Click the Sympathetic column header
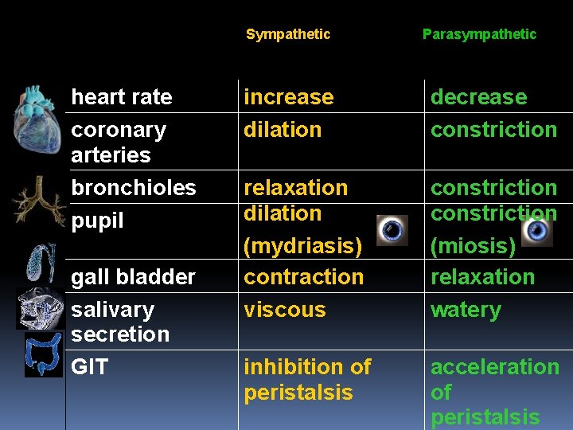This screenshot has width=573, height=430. pyautogui.click(x=287, y=34)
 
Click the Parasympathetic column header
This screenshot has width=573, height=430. pyautogui.click(x=479, y=34)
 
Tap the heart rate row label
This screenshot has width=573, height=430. pyautogui.click(x=122, y=97)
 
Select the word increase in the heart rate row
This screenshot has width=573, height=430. pyautogui.click(x=288, y=97)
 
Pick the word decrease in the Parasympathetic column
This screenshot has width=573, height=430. pyautogui.click(x=478, y=97)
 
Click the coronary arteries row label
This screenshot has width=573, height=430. pyautogui.click(x=119, y=142)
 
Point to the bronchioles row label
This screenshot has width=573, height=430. pyautogui.click(x=133, y=188)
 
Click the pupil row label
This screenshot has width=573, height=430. pyautogui.click(x=97, y=221)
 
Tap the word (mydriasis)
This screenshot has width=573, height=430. pyautogui.click(x=302, y=246)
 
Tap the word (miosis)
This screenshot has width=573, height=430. pyautogui.click(x=473, y=246)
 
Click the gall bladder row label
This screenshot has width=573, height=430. pyautogui.click(x=133, y=277)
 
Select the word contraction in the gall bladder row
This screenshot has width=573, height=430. pyautogui.click(x=303, y=277)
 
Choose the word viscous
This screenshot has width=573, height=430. pyautogui.click(x=284, y=310)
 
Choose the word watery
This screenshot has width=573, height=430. pyautogui.click(x=466, y=310)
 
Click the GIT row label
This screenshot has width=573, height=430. pyautogui.click(x=89, y=367)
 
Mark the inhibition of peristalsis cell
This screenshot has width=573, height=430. pyautogui.click(x=307, y=380)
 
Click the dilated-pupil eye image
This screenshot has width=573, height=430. pyautogui.click(x=392, y=230)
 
